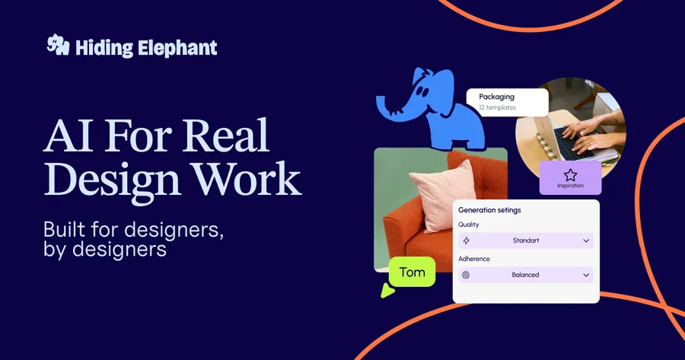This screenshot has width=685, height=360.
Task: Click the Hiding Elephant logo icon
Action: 59,46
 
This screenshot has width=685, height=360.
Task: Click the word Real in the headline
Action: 227,137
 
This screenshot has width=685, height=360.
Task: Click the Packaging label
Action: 496,97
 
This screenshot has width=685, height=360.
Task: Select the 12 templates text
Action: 498,108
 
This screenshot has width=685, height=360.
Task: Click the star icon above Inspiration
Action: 570,174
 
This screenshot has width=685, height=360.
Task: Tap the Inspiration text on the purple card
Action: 570,186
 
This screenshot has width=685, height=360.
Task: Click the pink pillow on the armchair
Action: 448,196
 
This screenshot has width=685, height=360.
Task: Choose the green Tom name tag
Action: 412,272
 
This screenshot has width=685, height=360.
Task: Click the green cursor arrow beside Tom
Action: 388,290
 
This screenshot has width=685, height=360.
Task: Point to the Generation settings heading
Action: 489,209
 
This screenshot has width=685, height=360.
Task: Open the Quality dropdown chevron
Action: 586,241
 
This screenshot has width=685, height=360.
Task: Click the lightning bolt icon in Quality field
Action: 466,241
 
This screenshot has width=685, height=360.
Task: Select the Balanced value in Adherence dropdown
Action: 525,275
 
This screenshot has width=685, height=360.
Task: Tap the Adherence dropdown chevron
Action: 586,275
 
